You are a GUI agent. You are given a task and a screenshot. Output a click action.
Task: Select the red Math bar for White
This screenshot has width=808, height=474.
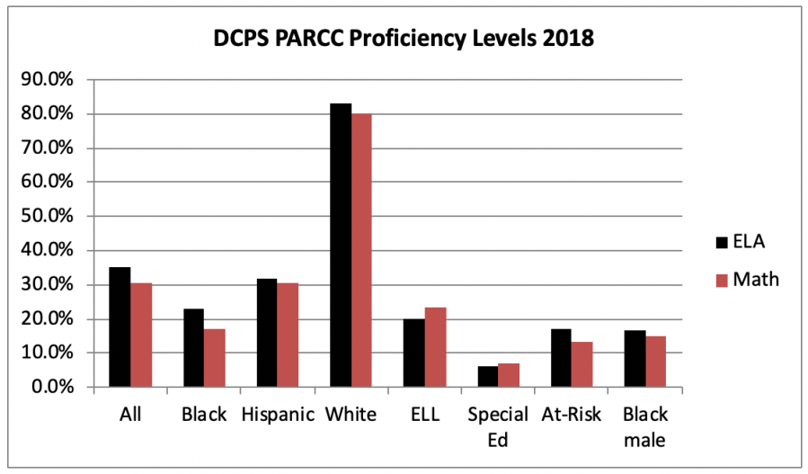(362, 251)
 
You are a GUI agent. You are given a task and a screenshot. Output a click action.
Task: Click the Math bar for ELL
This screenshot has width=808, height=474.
(435, 347)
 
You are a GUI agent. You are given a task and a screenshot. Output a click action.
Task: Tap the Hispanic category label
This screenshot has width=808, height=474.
(278, 416)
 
